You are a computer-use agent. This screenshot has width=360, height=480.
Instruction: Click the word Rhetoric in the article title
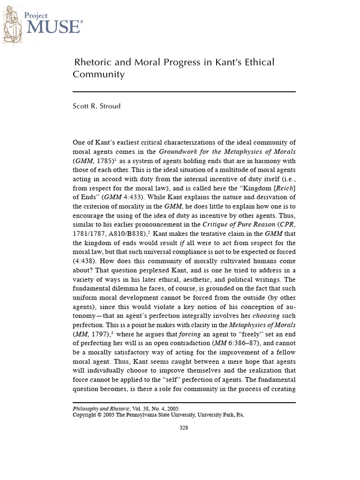(94, 62)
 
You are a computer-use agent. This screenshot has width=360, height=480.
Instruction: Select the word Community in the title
(98, 74)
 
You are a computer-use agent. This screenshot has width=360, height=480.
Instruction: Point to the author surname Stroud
(109, 106)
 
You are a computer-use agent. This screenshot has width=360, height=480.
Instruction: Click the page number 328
(184, 427)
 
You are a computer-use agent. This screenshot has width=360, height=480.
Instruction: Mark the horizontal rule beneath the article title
(184, 92)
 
